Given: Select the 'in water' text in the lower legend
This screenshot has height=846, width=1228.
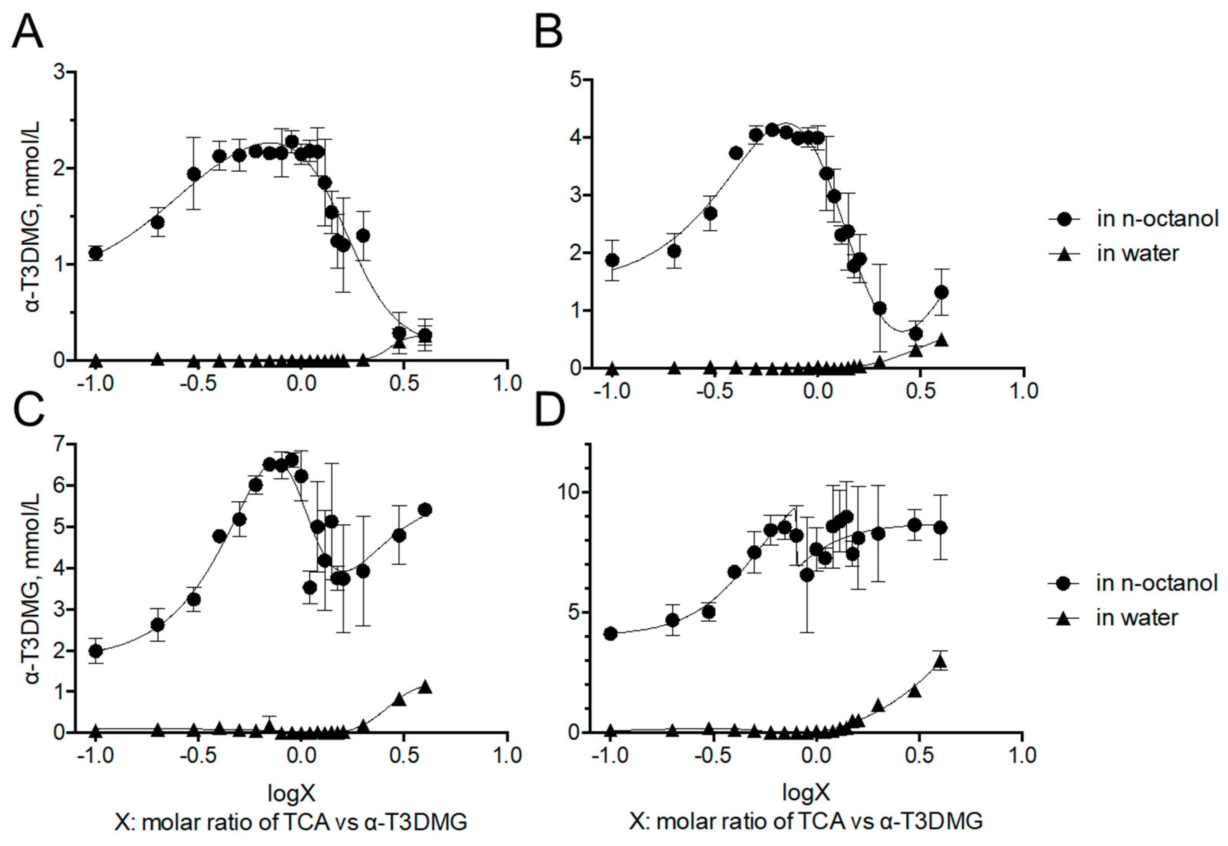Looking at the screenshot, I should (1137, 618).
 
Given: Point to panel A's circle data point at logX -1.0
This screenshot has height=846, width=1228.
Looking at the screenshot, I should (96, 253).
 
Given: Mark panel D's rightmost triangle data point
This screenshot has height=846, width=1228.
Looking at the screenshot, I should (940, 661).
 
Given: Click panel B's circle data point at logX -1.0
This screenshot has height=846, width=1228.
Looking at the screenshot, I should (612, 260).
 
